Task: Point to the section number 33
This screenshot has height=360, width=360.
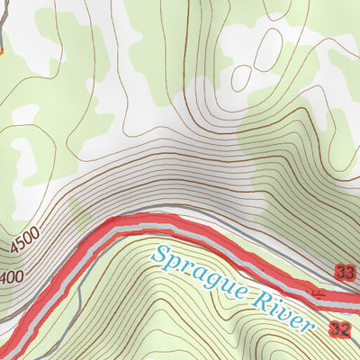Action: point(344,272)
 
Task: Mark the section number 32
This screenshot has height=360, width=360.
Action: point(340,329)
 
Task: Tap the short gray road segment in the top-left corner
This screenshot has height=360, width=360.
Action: point(4,36)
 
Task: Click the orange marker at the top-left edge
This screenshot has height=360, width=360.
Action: point(3,51)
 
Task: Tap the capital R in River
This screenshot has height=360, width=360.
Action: point(260,300)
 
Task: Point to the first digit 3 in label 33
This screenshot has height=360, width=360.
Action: point(339,272)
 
